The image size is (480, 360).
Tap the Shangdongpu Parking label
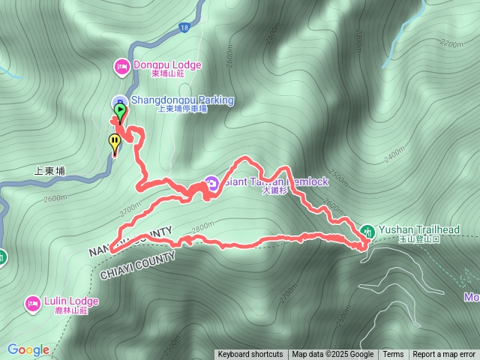pyautogui.click(x=183, y=100)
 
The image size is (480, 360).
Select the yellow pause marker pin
pyautogui.click(x=115, y=140)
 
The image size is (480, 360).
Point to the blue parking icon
pyautogui.click(x=118, y=101)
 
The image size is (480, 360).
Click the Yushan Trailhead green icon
pyautogui.click(x=367, y=229)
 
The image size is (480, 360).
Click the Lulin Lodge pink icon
pyautogui.click(x=32, y=303)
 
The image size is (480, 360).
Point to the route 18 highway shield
pyautogui.click(x=184, y=27)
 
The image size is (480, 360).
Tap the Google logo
pyautogui.click(x=28, y=349)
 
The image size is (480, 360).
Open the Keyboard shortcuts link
pyautogui.click(x=250, y=355)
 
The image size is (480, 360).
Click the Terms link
pyautogui.click(x=393, y=355)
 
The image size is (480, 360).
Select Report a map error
pyautogui.click(x=444, y=355)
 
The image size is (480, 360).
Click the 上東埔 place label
pyautogui.click(x=49, y=171)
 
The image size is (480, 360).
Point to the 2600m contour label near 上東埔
pyautogui.click(x=56, y=199)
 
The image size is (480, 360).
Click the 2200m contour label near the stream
pyautogui.click(x=452, y=44)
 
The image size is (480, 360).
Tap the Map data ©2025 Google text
pyautogui.click(x=332, y=355)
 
